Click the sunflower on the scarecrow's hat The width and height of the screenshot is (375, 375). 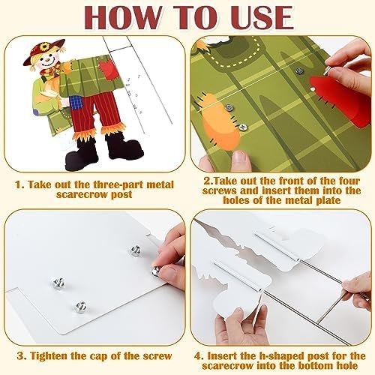click(44, 46)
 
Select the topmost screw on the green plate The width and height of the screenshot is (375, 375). click(299, 70)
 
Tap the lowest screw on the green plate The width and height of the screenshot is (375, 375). click(242, 127)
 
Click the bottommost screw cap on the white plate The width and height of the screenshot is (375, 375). click(80, 307)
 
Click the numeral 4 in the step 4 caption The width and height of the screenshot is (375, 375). click(197, 355)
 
